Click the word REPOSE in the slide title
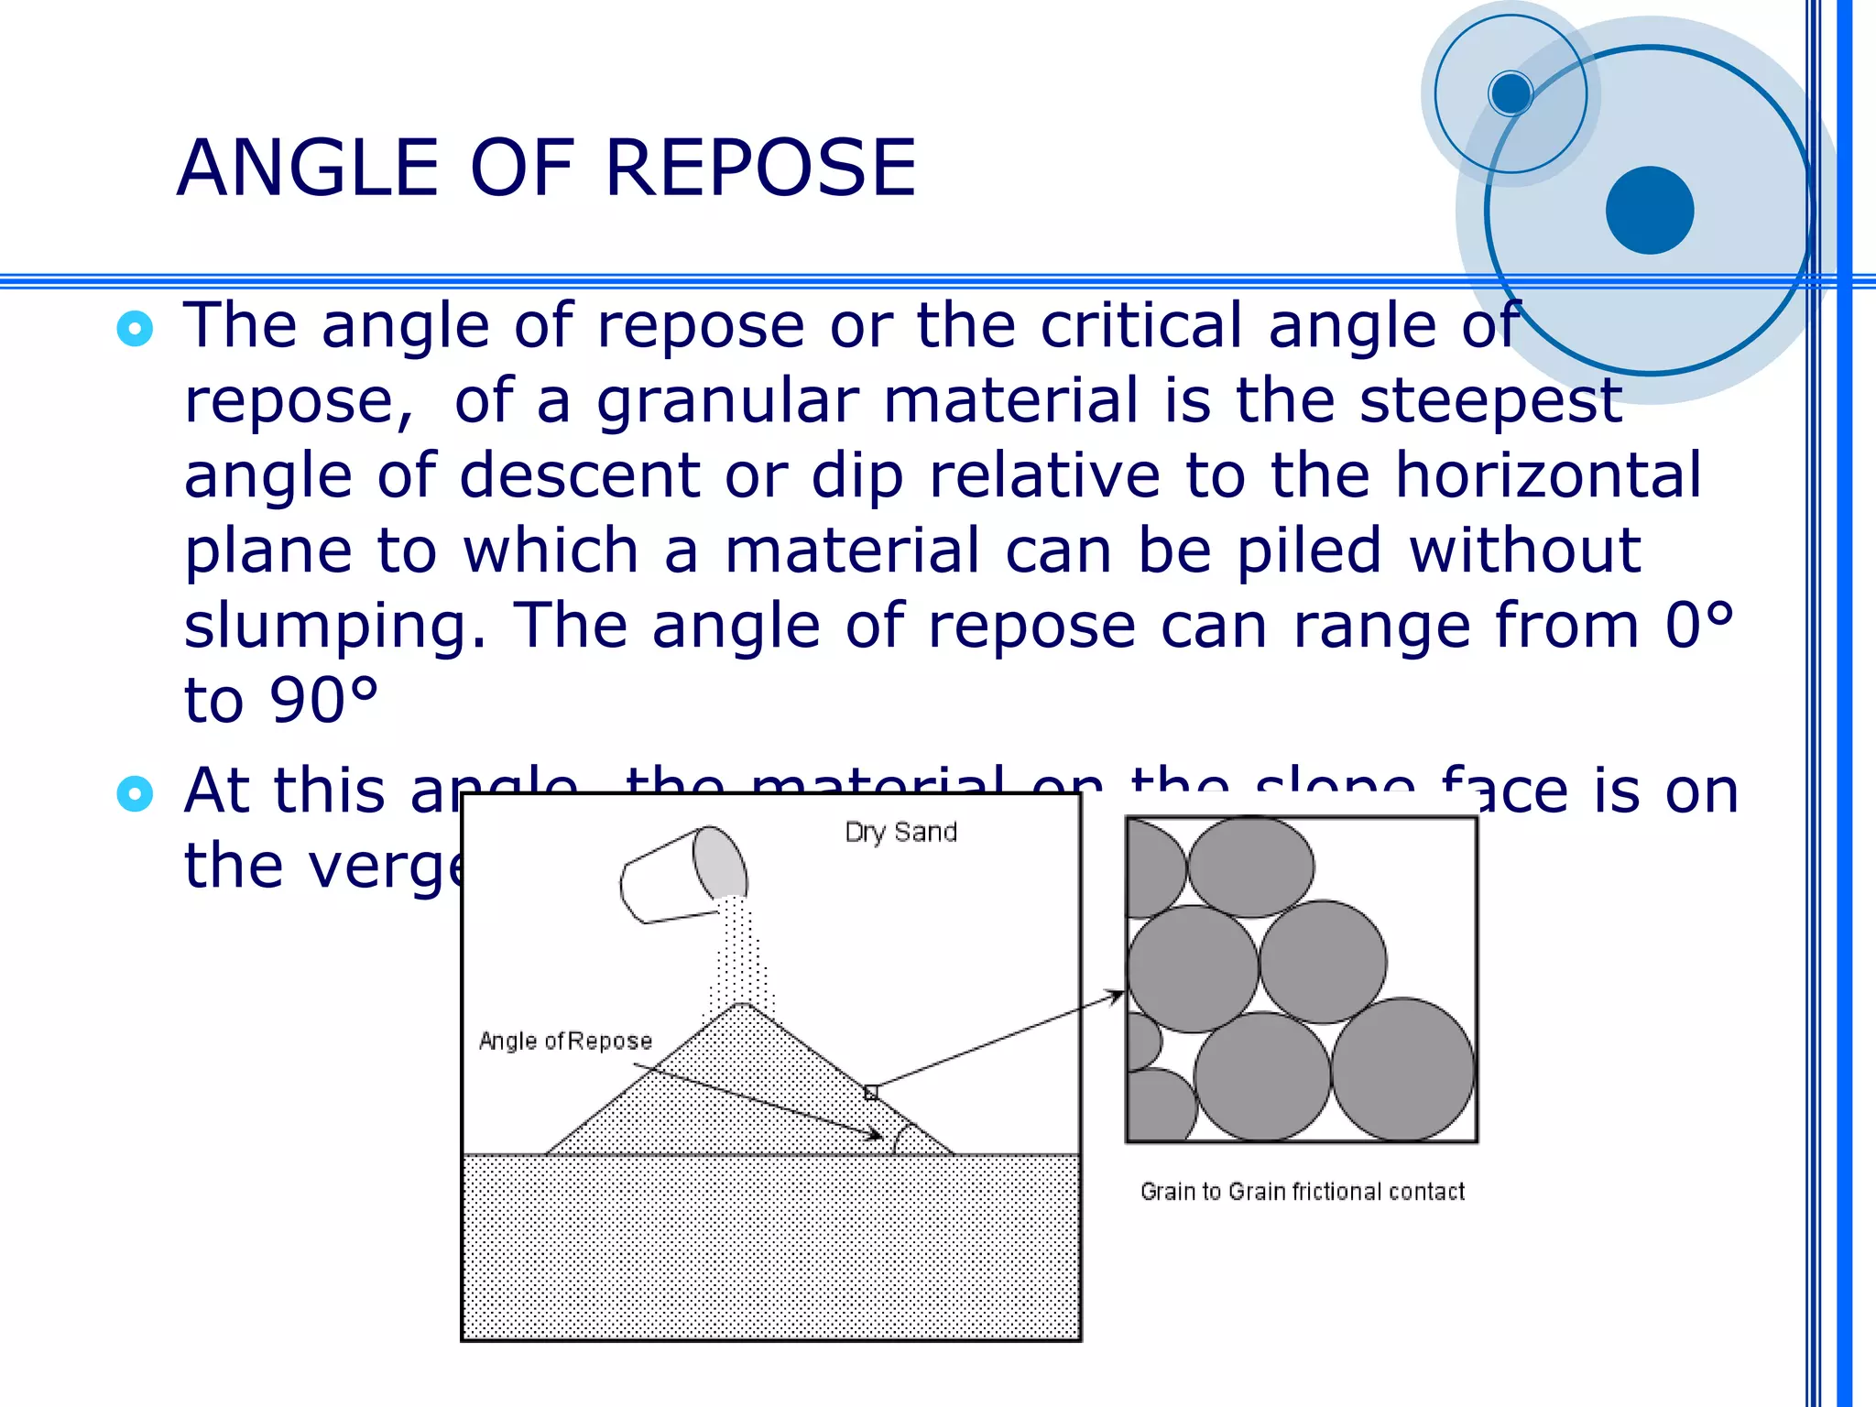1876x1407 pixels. [x=760, y=169]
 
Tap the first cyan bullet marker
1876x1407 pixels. [x=135, y=329]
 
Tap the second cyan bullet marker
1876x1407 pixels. [x=135, y=793]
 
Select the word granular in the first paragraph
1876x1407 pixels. [x=727, y=402]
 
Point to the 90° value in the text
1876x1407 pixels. [x=323, y=702]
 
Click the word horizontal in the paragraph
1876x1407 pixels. [x=1548, y=476]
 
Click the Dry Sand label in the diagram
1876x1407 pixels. [x=900, y=833]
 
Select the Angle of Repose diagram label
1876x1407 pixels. [x=565, y=1042]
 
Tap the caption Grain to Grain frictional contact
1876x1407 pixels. [x=1302, y=1192]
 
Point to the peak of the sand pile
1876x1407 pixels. [x=744, y=1005]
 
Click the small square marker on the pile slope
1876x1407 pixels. [x=871, y=1092]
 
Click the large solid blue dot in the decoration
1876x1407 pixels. [x=1649, y=210]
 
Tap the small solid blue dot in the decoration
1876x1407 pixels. [x=1511, y=93]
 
